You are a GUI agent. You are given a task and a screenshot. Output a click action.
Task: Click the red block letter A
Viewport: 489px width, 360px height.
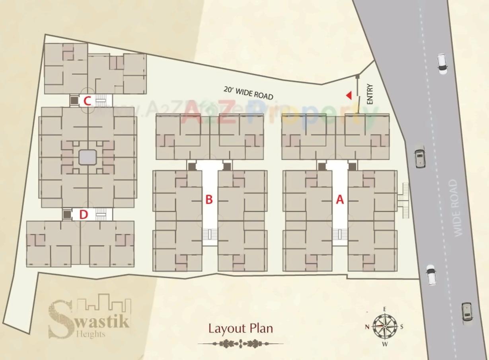340,200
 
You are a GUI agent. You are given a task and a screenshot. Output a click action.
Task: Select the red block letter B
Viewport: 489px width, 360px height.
209,200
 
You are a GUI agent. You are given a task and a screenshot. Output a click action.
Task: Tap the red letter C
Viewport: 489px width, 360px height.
88,102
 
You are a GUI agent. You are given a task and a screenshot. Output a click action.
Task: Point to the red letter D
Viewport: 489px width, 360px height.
83,215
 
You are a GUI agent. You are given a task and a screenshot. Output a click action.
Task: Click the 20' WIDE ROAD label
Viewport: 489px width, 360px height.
248,93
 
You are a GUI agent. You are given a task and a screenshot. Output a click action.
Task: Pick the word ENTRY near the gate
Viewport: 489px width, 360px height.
370,94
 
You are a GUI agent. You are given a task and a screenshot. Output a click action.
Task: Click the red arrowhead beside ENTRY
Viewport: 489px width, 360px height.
349,95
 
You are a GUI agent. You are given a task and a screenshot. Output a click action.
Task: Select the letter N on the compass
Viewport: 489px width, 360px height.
367,327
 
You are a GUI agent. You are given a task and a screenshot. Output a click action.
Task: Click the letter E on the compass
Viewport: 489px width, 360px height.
385,309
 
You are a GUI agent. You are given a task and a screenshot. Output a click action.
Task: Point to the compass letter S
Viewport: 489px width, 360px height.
402,327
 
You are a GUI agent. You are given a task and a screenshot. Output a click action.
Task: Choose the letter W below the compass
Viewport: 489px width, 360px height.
385,344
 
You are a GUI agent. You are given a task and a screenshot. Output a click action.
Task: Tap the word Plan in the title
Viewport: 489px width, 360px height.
262,329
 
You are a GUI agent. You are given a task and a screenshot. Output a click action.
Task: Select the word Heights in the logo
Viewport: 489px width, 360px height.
91,334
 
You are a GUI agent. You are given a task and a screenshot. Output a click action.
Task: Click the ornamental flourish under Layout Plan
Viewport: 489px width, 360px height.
241,343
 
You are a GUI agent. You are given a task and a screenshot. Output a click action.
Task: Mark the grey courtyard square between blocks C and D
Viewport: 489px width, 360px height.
87,158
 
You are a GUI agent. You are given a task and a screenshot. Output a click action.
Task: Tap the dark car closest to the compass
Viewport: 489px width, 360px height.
467,312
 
